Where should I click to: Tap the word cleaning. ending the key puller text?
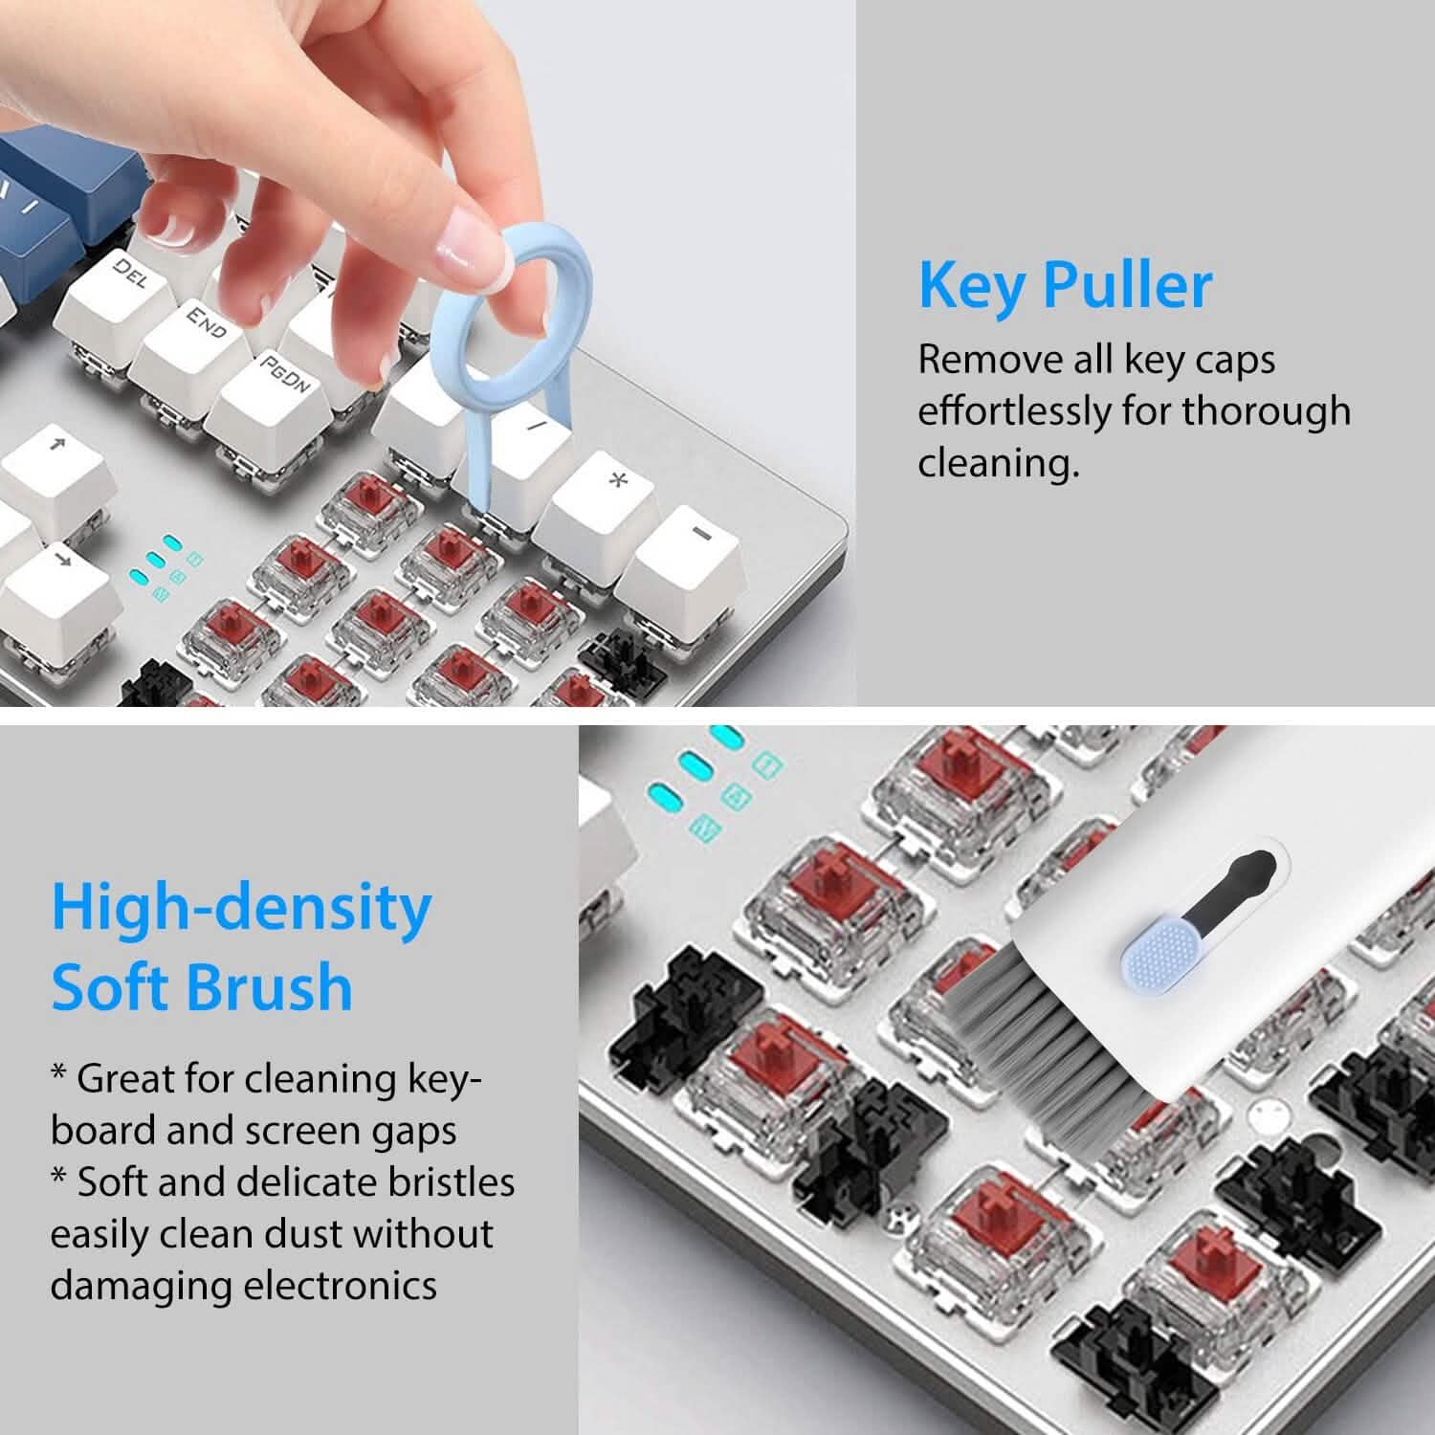998,463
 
